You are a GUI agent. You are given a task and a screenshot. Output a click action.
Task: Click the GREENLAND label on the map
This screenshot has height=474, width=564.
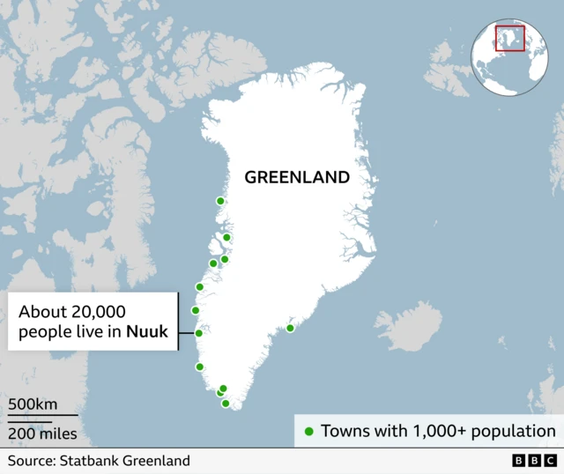click(296, 177)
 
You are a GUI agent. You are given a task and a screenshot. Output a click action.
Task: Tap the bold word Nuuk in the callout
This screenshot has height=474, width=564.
click(146, 332)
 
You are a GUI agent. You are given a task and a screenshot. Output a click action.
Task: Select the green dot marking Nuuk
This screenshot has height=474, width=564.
click(199, 333)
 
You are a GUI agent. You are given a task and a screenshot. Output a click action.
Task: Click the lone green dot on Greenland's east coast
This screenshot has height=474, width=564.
click(291, 329)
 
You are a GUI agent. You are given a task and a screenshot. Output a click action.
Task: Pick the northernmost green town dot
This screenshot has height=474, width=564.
click(220, 201)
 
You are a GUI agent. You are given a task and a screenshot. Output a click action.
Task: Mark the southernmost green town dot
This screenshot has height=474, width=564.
click(226, 404)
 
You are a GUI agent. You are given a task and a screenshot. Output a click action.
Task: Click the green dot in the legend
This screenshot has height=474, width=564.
click(308, 432)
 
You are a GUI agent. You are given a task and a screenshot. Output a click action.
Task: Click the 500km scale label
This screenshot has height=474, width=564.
click(33, 404)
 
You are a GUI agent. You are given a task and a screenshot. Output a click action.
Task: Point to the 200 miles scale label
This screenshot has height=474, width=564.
click(42, 433)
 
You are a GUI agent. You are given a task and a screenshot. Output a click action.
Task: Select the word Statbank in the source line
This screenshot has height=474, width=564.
click(86, 461)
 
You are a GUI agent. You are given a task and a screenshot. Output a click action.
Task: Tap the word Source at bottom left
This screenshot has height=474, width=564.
click(31, 461)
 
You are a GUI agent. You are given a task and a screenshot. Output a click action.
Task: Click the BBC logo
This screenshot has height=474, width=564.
click(533, 461)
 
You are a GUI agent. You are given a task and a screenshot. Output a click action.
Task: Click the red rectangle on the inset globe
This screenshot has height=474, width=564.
click(509, 38)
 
